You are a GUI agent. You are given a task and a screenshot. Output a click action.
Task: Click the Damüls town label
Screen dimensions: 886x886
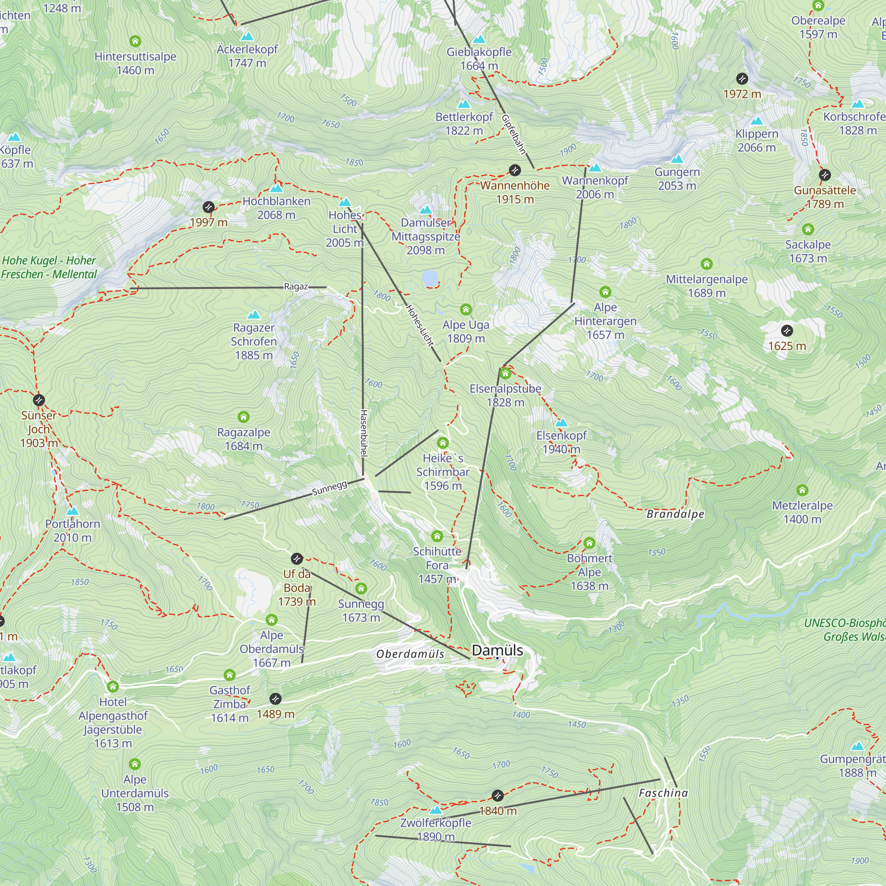click(497, 650)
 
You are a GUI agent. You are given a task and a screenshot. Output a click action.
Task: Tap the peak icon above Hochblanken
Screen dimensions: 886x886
click(276, 188)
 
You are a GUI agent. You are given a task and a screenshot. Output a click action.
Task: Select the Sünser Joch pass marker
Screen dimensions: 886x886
click(39, 400)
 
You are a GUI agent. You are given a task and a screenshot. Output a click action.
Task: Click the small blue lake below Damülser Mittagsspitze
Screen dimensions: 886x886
click(430, 277)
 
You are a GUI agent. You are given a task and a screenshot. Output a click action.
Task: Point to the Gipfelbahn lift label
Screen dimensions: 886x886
click(513, 134)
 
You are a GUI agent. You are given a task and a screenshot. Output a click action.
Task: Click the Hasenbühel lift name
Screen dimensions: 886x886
click(363, 433)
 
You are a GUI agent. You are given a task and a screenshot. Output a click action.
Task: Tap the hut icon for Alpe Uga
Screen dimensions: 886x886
click(466, 310)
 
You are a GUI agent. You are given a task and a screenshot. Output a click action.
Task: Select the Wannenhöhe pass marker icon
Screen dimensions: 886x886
click(515, 170)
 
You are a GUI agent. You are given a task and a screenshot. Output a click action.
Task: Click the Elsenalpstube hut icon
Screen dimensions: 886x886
click(505, 373)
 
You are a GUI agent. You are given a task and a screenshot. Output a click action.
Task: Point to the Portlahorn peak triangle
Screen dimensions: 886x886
click(72, 511)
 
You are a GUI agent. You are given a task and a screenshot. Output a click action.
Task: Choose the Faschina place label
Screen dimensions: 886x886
click(663, 793)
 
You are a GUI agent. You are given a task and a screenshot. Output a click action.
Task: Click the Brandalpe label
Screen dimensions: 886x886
click(675, 514)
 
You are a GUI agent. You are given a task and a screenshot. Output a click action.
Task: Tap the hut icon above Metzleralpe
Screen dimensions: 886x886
click(802, 490)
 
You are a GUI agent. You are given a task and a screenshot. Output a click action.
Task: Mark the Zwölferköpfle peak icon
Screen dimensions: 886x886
click(435, 810)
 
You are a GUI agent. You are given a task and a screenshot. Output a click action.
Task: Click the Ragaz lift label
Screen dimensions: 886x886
click(296, 287)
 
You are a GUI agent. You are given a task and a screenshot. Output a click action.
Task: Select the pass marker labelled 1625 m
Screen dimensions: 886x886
click(787, 330)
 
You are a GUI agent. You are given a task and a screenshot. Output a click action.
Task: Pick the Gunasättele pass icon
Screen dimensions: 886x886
click(824, 175)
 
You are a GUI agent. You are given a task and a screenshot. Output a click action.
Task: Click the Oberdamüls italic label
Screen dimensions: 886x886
click(410, 654)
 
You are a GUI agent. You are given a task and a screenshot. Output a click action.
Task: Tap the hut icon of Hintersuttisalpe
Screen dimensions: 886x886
click(135, 41)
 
